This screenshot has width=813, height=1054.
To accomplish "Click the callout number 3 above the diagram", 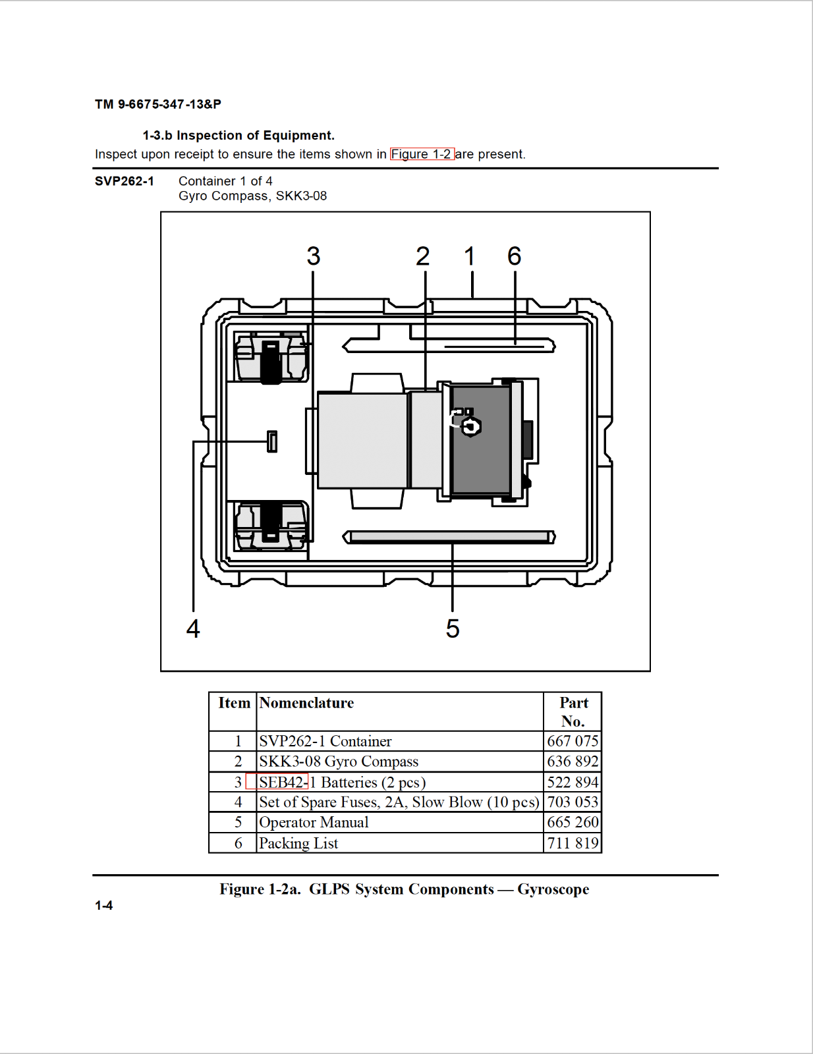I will coord(314,256).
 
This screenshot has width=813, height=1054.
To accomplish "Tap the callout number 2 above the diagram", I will coord(423,256).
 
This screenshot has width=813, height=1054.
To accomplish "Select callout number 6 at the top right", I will coord(515,256).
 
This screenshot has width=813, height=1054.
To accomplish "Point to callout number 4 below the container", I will coord(193,628).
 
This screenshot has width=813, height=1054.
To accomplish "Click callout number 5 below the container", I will coord(453,628).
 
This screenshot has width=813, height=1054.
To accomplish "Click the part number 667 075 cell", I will coord(573,741).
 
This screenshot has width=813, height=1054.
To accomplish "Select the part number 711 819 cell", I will coord(573,843).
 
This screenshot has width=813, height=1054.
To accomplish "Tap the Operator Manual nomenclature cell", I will coord(314,823).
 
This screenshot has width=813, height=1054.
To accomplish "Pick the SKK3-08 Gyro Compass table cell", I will coord(339,762).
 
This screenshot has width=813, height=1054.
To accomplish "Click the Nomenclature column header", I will coord(306,703).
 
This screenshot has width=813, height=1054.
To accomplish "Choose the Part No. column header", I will coord(573,711).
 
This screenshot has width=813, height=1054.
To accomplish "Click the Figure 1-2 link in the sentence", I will coord(422,154).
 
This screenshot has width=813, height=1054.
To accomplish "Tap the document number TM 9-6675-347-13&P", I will coord(158,104).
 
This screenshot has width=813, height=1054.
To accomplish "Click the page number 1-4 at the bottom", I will coord(103,906).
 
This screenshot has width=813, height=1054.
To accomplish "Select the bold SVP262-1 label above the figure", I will coord(125,181).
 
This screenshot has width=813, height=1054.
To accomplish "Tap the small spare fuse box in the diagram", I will coord(272,441).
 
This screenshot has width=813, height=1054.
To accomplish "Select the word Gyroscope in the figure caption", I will coord(553,889).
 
